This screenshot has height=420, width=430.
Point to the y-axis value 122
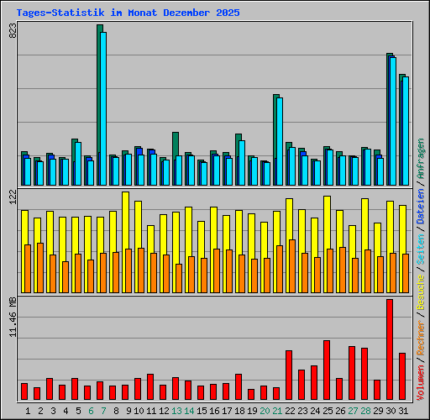(x=12, y=197)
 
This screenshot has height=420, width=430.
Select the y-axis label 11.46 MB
(x=12, y=319)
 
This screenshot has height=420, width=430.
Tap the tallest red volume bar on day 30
(x=390, y=349)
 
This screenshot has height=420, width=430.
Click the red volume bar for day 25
(x=327, y=370)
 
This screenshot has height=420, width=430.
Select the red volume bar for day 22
(x=289, y=375)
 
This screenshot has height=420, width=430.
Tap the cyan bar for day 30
(x=392, y=121)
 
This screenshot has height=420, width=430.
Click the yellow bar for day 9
(x=125, y=220)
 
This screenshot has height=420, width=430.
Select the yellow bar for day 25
(x=327, y=222)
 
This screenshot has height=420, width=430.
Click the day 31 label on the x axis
(x=403, y=410)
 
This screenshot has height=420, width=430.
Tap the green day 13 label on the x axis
(x=176, y=410)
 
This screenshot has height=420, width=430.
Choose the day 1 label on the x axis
(x=28, y=410)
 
